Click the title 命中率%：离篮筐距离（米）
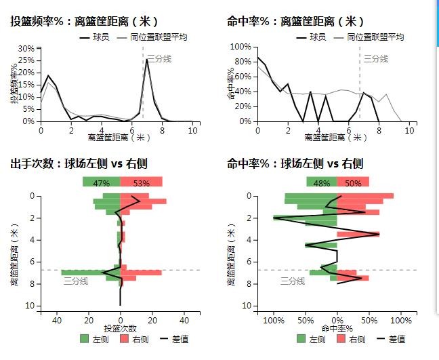click(x=293, y=21)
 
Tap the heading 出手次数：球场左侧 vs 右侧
click(x=79, y=163)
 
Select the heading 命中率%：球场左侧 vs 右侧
click(x=295, y=163)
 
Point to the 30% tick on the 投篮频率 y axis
click(x=26, y=48)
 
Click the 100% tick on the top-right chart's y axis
click(x=241, y=47)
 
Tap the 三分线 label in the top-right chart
click(x=376, y=59)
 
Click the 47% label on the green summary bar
click(x=101, y=183)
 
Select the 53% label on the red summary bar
click(x=142, y=183)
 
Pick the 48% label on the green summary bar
click(x=322, y=183)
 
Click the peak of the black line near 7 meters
click(x=147, y=60)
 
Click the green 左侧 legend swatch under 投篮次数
click(x=84, y=338)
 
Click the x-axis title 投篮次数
click(x=120, y=328)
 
